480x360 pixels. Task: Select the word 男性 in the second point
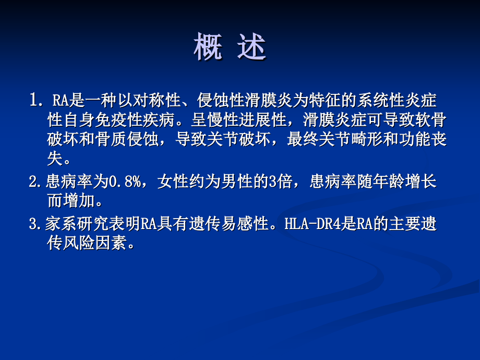(241, 183)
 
